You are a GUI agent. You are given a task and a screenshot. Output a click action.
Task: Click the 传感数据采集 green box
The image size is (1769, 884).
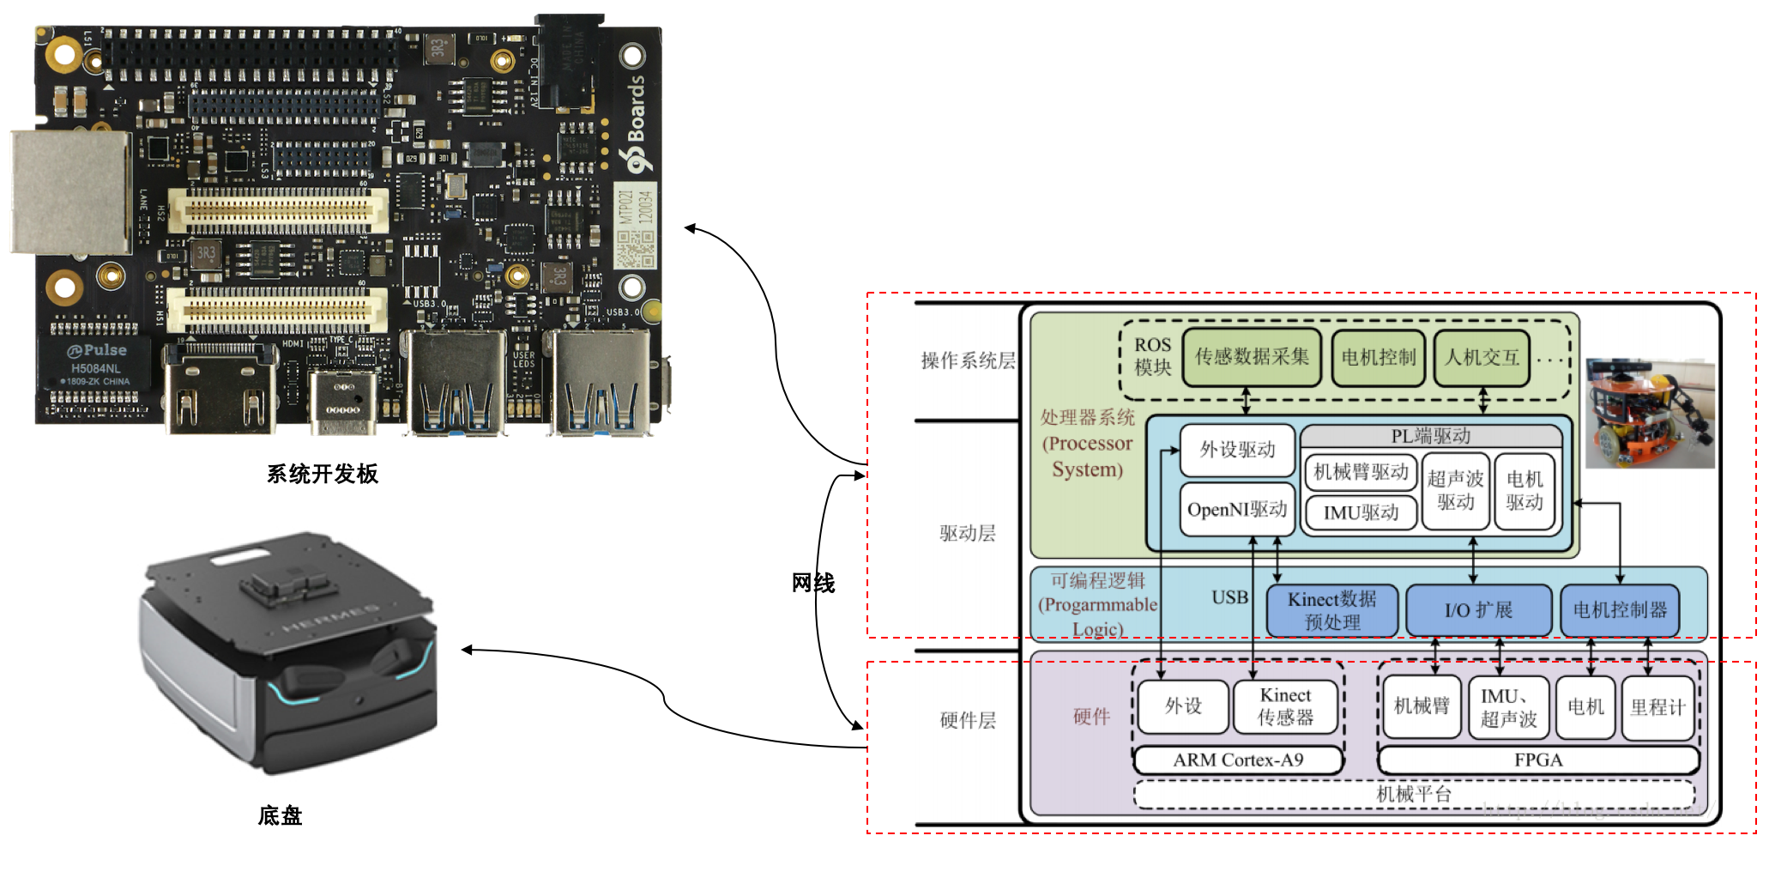(1252, 357)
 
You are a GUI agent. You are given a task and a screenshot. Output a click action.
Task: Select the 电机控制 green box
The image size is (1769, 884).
(1378, 358)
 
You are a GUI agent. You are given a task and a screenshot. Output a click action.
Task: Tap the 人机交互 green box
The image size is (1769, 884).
(1482, 358)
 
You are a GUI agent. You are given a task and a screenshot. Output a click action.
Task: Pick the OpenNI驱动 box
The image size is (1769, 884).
(1236, 510)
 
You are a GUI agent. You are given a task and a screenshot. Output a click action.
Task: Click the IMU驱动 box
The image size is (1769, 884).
(1361, 513)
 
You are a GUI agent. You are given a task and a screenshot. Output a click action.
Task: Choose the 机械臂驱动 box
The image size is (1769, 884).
(1361, 472)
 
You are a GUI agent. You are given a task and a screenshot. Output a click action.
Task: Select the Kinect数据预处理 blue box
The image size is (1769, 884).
(1331, 610)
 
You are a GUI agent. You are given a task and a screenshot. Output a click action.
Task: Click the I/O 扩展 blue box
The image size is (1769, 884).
(1478, 610)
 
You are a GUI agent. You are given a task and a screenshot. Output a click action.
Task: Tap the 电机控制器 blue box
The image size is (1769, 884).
(1620, 610)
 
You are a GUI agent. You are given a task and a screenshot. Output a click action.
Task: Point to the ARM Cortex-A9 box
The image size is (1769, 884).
(1238, 760)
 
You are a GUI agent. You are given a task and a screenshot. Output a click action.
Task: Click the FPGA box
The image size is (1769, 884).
(1538, 760)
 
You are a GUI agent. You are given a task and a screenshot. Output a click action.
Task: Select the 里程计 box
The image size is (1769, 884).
(1657, 707)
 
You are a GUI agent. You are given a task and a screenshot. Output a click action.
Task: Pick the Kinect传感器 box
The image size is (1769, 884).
(1285, 706)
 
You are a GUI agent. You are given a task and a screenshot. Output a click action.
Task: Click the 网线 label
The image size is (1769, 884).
(812, 584)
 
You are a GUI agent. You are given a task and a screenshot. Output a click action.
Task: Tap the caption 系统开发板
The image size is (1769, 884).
(323, 474)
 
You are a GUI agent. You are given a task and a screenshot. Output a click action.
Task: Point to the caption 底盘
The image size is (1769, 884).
(280, 815)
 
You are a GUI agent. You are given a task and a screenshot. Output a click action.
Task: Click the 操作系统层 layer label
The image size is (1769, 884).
(968, 360)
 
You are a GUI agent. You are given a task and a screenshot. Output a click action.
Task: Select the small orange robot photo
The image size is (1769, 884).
(1649, 414)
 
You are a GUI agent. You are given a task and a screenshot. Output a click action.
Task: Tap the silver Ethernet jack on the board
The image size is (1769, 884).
(70, 192)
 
